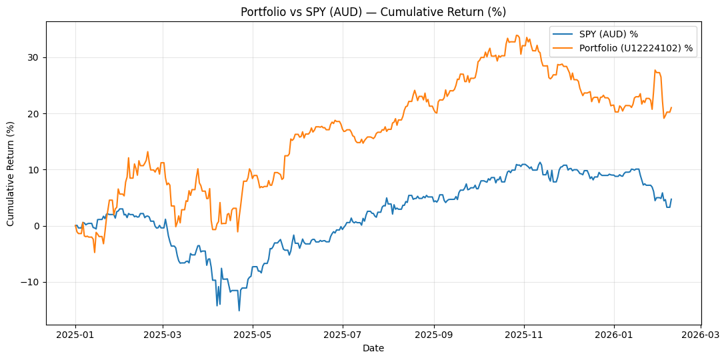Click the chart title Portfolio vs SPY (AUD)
pos(373,11)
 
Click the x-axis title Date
pos(373,348)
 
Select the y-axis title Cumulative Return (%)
pos(11,173)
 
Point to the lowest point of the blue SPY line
pos(239,310)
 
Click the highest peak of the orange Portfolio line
pos(517,35)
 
